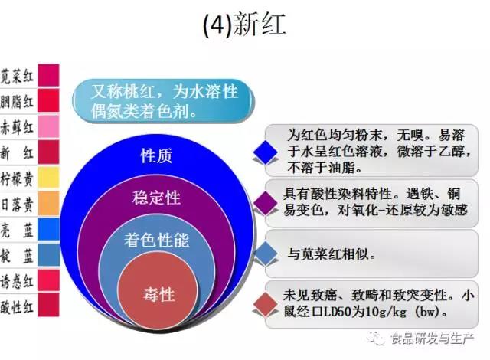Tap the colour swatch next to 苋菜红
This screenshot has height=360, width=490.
pos(48,75)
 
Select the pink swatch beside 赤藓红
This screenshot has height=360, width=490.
pos(48,126)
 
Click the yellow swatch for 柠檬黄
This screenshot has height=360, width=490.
pos(48,178)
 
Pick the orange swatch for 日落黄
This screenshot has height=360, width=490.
pos(48,203)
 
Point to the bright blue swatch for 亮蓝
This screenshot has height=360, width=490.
pos(48,229)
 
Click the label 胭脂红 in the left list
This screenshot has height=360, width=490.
pos(17,102)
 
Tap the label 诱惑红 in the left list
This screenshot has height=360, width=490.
pos(17,281)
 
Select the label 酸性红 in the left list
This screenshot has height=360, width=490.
pos(17,306)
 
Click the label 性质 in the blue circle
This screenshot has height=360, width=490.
pos(156,155)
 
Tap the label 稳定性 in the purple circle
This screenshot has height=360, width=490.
pos(156,198)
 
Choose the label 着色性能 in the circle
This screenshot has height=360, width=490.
pos(156,241)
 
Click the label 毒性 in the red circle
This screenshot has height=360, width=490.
pos(158,295)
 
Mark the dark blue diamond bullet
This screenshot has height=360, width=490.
pos(266,152)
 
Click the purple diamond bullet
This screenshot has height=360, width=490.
pos(266,203)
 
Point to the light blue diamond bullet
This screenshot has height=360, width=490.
pos(266,254)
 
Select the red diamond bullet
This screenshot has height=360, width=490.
pos(266,304)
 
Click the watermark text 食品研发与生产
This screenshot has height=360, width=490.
pos(433,339)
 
